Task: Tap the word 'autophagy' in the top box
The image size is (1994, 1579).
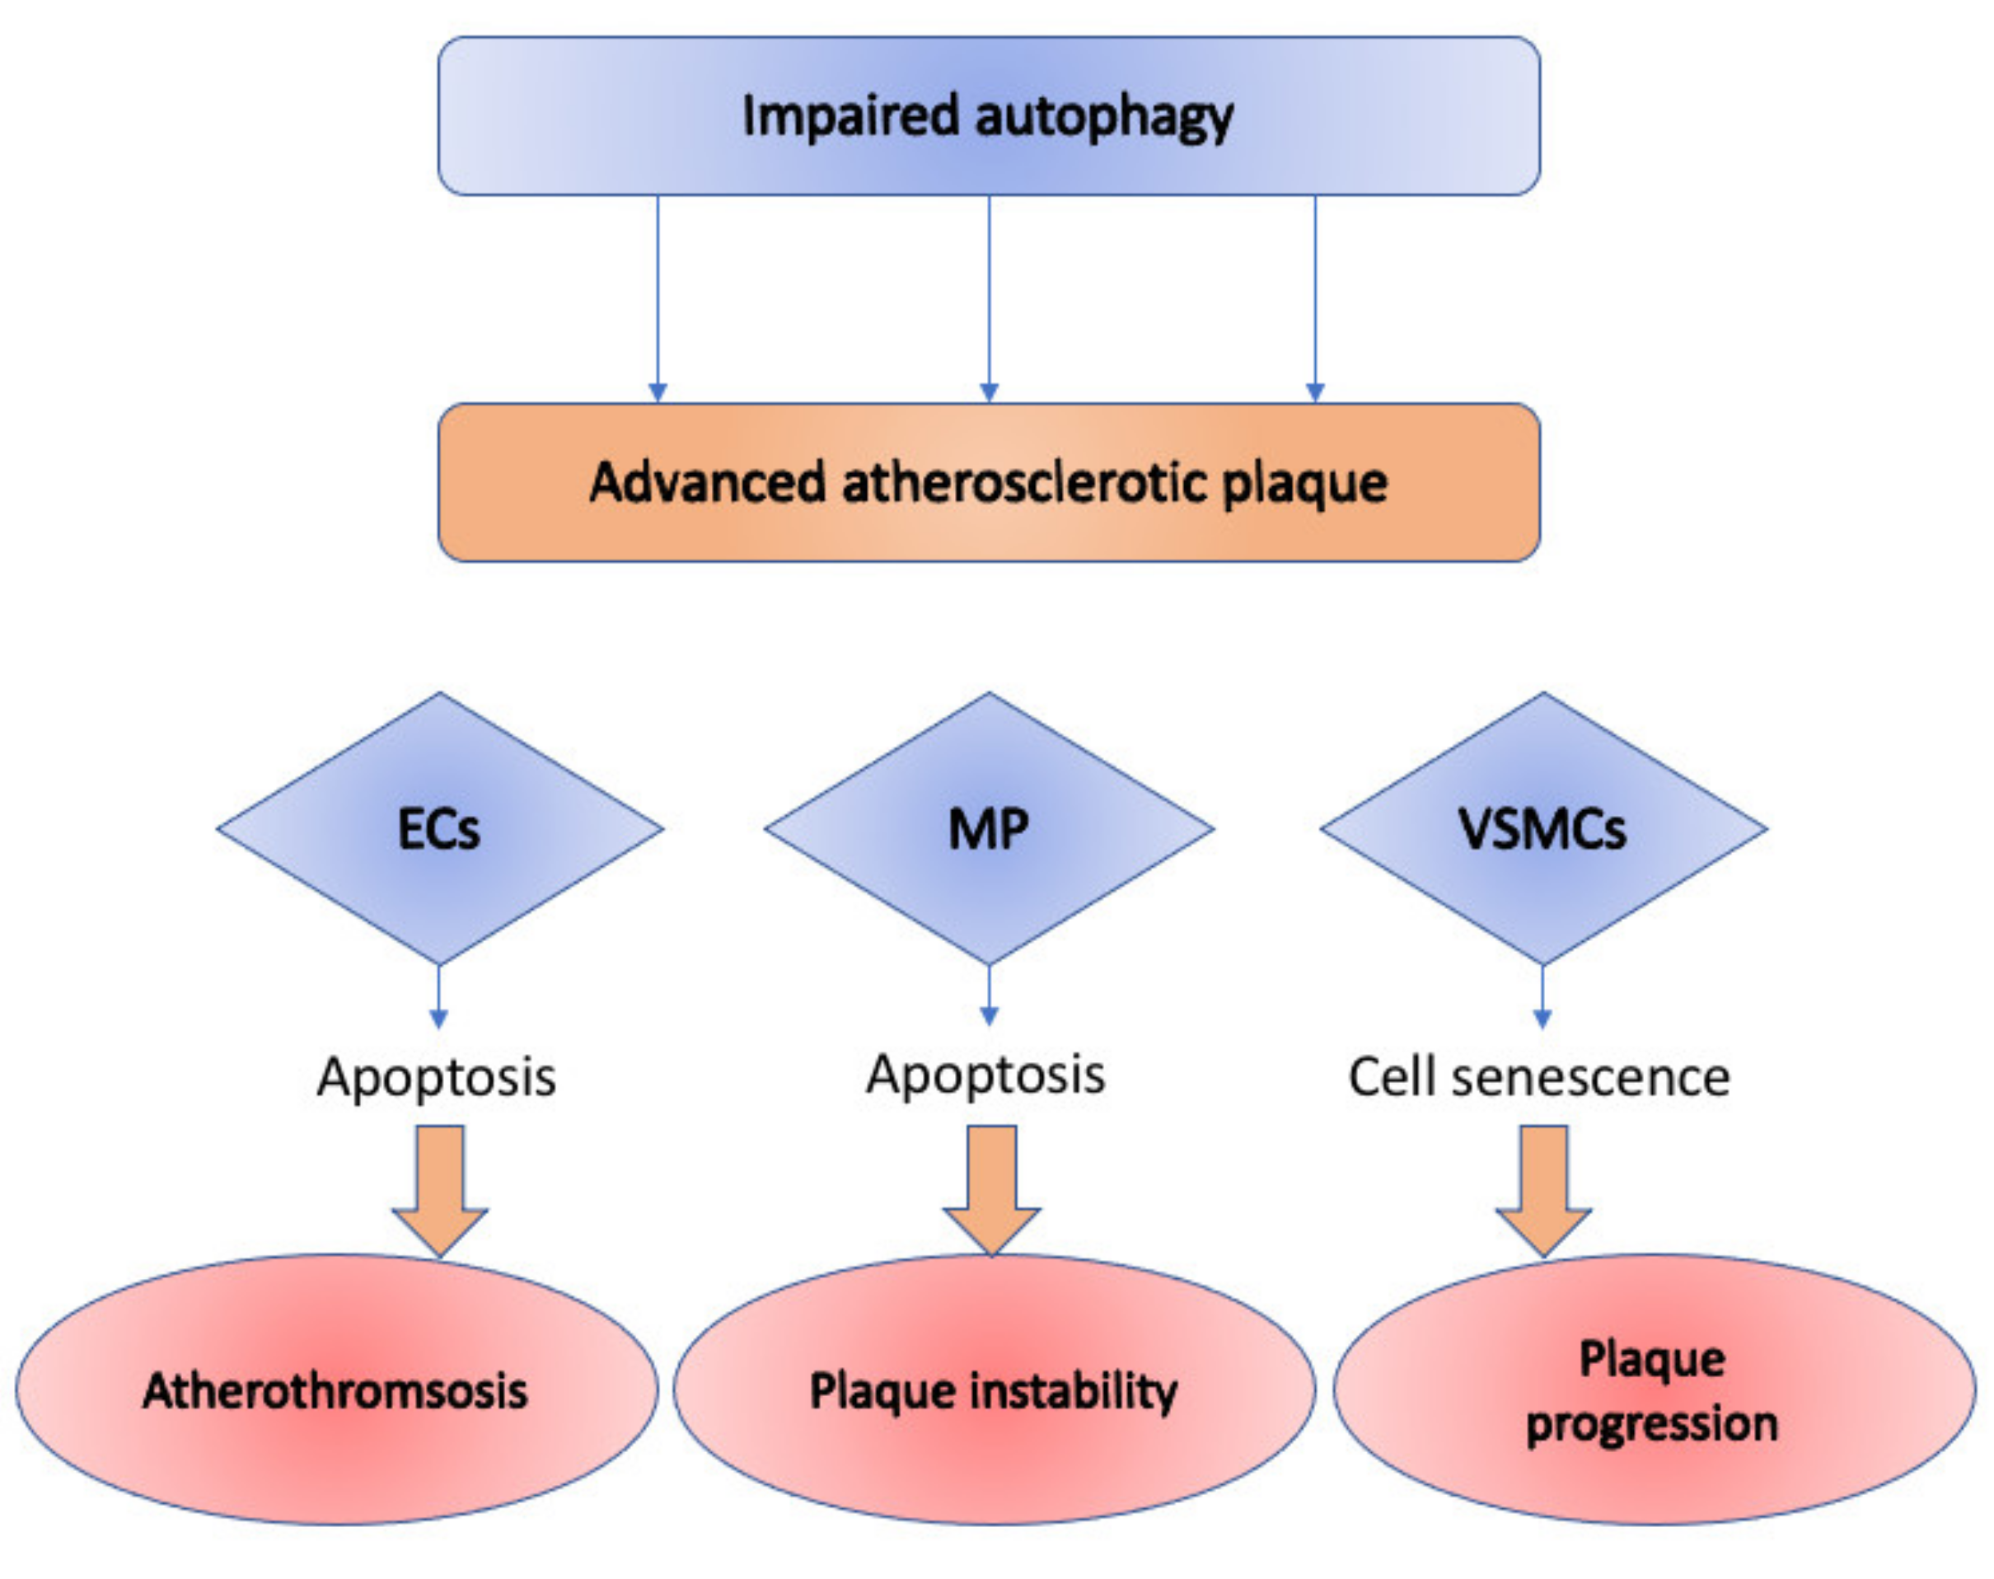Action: (x=1104, y=119)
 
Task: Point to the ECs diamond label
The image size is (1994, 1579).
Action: (x=438, y=828)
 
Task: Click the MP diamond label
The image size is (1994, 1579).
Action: (x=988, y=828)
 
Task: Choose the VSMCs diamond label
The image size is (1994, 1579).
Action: (x=1542, y=828)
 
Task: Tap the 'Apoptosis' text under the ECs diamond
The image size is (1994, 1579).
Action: (x=437, y=1078)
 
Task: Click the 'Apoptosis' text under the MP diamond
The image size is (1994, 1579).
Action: (x=985, y=1075)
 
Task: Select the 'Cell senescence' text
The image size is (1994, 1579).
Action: (x=1539, y=1078)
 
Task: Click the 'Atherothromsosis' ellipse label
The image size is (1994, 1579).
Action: (x=335, y=1390)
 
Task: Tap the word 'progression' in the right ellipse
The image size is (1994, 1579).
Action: (x=1652, y=1425)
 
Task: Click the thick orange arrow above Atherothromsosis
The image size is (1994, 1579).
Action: (x=440, y=1191)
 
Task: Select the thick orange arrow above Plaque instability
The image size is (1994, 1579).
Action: (x=991, y=1191)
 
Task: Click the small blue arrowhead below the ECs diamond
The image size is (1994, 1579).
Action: (x=439, y=1019)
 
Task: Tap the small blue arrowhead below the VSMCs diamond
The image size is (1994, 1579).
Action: (x=1542, y=1019)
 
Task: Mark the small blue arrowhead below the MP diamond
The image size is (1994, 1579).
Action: (x=989, y=1017)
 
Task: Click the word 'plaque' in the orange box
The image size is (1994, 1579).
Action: (x=1305, y=484)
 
